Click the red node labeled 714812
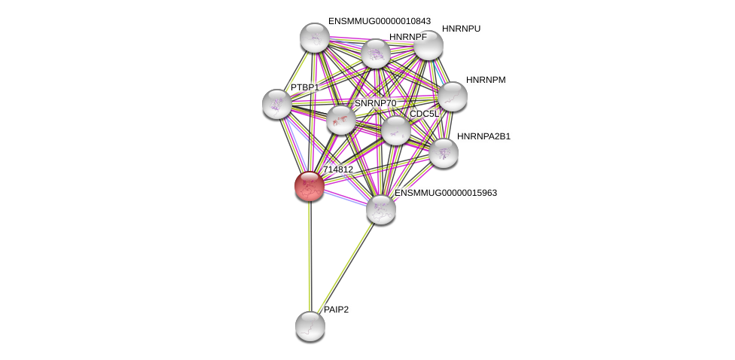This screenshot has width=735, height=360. coord(309,186)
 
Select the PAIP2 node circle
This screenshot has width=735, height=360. coord(310,325)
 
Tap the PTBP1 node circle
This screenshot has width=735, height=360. coord(277,104)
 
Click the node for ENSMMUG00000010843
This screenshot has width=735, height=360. coord(315,38)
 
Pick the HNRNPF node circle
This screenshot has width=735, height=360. coord(375,53)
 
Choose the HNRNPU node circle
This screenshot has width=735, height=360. coord(428,45)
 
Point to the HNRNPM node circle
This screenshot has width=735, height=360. coord(452,96)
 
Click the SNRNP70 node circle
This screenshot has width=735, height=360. coord(340,120)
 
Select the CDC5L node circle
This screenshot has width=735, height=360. coord(395,130)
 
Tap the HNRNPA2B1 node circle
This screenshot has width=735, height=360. coord(443,153)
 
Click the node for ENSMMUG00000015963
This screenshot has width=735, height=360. coord(381,209)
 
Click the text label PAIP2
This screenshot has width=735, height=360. coord(336,310)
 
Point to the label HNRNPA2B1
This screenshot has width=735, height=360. coord(483,136)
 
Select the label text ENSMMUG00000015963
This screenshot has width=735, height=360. coord(446,193)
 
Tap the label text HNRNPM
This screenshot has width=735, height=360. coord(486,80)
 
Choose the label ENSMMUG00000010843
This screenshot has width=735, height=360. coord(379,21)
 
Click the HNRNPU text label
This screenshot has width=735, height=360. coord(461,29)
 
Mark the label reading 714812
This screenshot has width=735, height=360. coord(337,169)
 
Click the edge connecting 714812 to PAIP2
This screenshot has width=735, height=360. coord(309,256)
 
